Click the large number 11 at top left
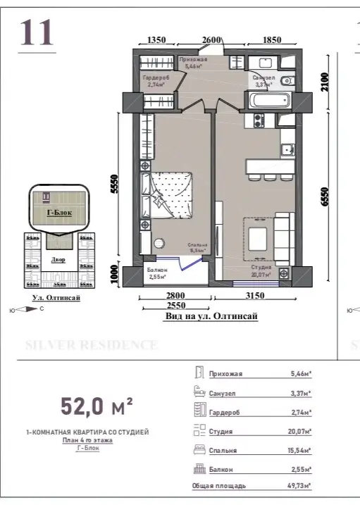coord(37,33)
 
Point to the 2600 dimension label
coord(212,39)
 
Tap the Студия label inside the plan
coord(261,268)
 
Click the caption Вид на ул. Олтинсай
coord(210,317)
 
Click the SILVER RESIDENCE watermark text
coord(91,345)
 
